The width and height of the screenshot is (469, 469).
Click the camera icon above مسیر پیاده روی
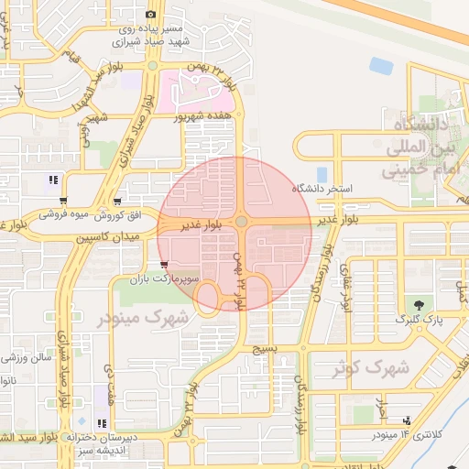pyautogui.click(x=151, y=14)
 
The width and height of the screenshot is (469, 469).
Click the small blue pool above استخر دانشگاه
pyautogui.click(x=322, y=173)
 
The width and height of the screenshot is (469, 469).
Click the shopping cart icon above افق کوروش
pyautogui.click(x=117, y=201)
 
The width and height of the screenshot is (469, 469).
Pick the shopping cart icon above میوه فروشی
pyautogui.click(x=62, y=201)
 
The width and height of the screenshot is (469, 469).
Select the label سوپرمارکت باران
pyautogui.click(x=162, y=277)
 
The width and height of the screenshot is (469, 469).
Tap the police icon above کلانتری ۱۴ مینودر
pyautogui.click(x=407, y=420)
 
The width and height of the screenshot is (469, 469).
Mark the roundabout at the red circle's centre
pyautogui.click(x=240, y=222)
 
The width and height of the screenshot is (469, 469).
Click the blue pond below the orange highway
pyautogui.click(x=380, y=65)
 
